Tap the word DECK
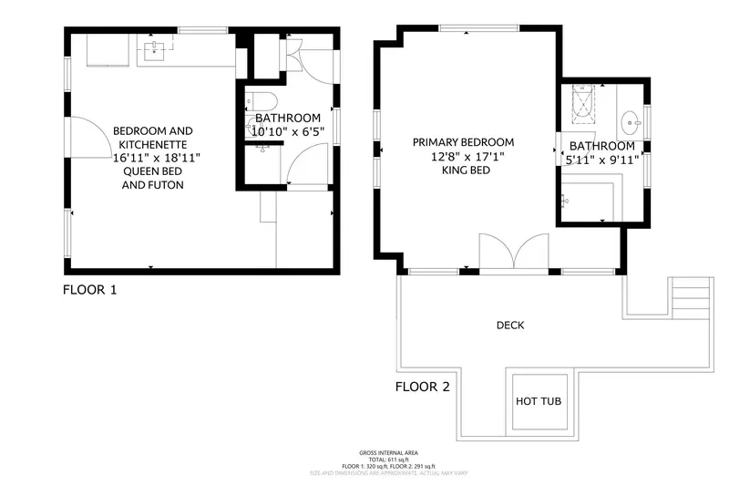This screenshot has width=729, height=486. click(x=510, y=326)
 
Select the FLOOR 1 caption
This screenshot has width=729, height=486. click(x=89, y=291)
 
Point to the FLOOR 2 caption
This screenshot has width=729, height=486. click(x=422, y=387)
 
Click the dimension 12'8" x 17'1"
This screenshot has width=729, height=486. click(x=463, y=156)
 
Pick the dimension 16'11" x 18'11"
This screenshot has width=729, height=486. click(x=156, y=158)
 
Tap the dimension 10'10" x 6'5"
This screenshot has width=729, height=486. click(x=287, y=131)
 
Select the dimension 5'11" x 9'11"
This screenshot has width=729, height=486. click(x=602, y=160)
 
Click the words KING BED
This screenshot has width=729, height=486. click(x=463, y=170)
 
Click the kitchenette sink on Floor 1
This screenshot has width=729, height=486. click(x=154, y=49)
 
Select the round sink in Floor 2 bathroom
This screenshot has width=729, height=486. click(x=631, y=120)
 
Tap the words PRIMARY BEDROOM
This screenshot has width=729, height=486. click(x=463, y=142)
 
